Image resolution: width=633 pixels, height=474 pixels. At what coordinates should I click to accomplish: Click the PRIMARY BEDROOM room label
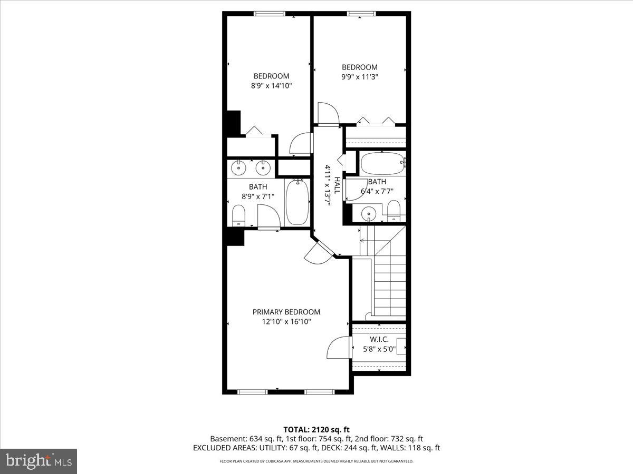click(x=286, y=312)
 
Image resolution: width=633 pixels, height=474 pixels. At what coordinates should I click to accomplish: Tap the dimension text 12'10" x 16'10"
click(x=286, y=321)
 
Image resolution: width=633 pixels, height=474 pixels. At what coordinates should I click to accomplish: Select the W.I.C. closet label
click(x=379, y=339)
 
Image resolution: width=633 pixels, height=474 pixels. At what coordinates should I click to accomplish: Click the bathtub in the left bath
click(x=298, y=202)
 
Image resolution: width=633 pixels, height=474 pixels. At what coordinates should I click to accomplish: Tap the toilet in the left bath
click(x=239, y=215)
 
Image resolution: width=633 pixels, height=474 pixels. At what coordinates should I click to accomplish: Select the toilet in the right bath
click(x=394, y=211)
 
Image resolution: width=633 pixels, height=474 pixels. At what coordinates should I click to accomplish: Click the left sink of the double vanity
click(x=239, y=168)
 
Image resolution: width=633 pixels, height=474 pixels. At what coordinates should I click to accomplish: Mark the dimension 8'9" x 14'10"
click(x=271, y=85)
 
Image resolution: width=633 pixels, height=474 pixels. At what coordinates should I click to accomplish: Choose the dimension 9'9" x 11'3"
click(x=360, y=76)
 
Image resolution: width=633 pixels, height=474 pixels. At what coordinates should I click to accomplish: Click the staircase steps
click(x=390, y=284)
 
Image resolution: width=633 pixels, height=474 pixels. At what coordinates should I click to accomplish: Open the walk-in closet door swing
click(x=339, y=349)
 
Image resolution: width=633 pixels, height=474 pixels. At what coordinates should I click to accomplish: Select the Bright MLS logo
click(x=38, y=461)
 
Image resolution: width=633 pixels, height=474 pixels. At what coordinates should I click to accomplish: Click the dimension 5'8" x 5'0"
click(x=379, y=349)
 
